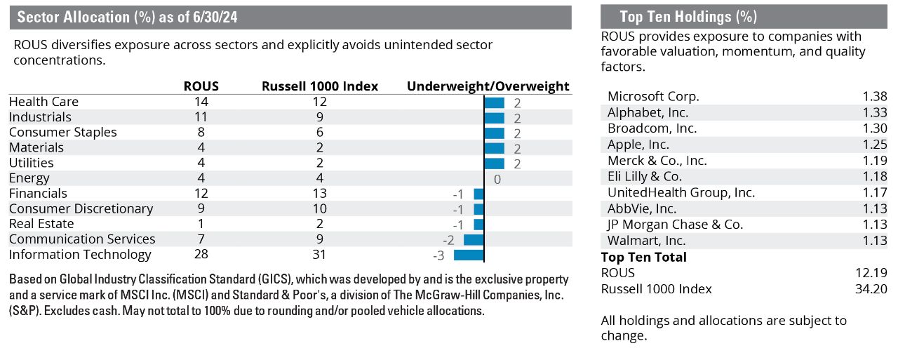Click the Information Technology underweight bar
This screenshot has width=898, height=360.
(469, 255)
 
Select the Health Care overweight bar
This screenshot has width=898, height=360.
(495, 102)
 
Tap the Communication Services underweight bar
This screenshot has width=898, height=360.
(474, 240)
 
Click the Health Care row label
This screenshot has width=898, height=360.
(43, 102)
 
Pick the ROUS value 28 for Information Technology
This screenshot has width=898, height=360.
(201, 255)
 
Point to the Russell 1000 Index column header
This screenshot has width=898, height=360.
(320, 86)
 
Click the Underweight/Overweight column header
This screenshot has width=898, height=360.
(488, 86)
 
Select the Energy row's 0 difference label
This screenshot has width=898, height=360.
(497, 179)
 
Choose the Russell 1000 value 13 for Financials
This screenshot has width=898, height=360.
(320, 194)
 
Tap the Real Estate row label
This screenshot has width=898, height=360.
(41, 224)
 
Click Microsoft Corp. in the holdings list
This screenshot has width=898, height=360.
(653, 97)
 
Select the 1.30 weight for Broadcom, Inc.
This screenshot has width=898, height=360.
(876, 128)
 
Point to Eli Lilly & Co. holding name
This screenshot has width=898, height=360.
(645, 177)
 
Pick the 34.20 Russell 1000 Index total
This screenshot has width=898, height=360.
(873, 289)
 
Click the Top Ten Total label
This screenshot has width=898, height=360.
(643, 257)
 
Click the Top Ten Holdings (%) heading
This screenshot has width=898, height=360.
(688, 18)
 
